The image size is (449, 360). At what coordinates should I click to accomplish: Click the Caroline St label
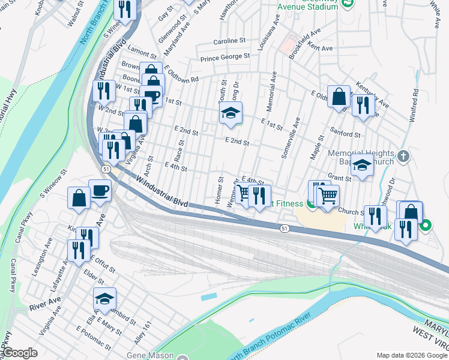[x=230, y=42]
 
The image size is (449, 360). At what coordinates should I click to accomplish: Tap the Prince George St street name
[x=225, y=57]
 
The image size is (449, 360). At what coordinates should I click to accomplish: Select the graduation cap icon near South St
[x=230, y=113]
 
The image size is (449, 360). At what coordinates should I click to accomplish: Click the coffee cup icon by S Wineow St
[x=100, y=191]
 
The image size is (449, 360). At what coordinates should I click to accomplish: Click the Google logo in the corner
[x=20, y=352]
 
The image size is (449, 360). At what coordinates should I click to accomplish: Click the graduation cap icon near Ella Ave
[x=104, y=299]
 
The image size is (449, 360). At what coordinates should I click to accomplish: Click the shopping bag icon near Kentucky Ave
[x=339, y=96]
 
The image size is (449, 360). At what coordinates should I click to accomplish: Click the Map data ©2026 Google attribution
[x=411, y=355]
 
